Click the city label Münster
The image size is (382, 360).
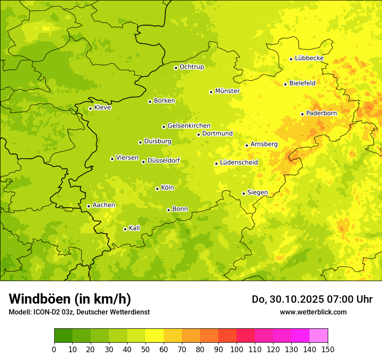227,91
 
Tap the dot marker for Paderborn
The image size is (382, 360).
303,114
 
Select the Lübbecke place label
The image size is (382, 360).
309,58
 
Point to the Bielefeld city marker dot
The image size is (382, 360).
286,84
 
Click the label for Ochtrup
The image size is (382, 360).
191,67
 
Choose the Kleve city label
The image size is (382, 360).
102,108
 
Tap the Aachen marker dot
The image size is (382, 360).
89,206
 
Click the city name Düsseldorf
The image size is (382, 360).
163,161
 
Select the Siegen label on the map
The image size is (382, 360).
257,193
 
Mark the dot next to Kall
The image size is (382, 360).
125,229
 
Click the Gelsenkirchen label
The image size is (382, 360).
189,126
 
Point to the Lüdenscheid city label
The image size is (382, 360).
239,163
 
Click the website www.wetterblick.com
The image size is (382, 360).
313,312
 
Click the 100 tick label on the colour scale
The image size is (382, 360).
237,349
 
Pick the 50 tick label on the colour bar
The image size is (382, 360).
145,349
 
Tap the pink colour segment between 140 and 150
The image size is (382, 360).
319,336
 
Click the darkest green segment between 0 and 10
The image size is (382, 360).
63,336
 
